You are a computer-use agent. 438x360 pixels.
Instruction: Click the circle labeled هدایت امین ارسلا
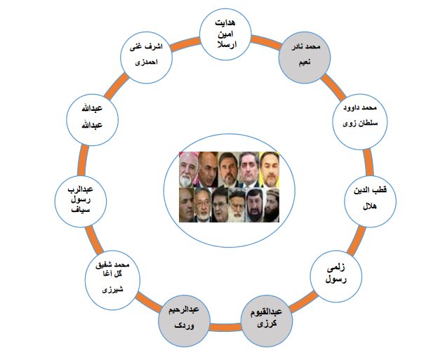coord(226,34)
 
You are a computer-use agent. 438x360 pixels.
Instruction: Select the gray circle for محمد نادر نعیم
coord(305,58)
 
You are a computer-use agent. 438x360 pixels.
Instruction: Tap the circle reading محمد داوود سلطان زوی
coord(360,121)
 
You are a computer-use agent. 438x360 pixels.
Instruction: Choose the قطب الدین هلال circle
coord(370,201)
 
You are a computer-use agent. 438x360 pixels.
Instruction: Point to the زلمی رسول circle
coord(336,276)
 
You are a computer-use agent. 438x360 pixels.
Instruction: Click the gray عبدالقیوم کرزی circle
coord(267,321)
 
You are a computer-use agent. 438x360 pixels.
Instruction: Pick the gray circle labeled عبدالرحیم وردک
coord(184,321)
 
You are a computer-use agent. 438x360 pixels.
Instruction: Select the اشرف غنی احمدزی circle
coord(147,58)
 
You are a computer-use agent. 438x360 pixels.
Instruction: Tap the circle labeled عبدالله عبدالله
coord(93,119)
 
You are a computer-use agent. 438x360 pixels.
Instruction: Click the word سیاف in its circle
coord(81,209)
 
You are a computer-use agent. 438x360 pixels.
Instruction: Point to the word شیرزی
coord(112,289)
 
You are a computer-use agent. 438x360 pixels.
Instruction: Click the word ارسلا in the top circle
coord(227,45)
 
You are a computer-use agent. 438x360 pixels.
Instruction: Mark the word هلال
coord(369,207)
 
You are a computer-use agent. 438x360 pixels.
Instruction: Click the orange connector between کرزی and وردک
coord(225,327)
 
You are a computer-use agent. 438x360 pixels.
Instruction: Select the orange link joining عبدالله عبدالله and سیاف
coord(83,161)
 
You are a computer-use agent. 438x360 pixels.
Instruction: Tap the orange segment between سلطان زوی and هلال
coord(369,163)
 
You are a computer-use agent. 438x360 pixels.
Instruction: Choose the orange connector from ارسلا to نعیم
coord(266,42)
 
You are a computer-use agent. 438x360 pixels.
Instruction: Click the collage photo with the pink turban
coord(189,170)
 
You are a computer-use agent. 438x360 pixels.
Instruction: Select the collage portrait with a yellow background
coord(270,170)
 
